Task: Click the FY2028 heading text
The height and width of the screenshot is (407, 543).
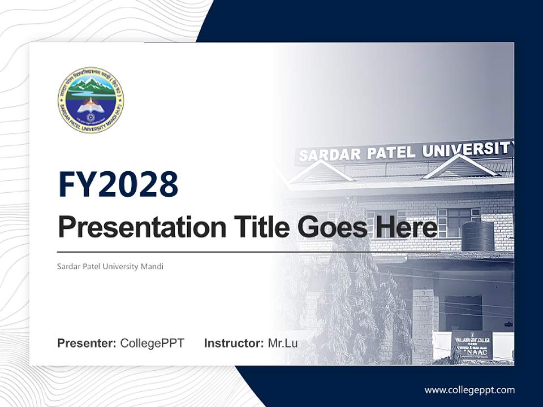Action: [118, 184]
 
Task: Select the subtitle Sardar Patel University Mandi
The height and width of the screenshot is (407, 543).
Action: [110, 266]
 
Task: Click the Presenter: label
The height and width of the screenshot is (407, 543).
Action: [87, 343]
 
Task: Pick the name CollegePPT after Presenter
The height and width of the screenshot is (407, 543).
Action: [152, 343]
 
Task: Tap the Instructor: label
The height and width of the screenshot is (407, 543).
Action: [234, 343]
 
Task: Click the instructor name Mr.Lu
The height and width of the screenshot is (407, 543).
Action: [282, 343]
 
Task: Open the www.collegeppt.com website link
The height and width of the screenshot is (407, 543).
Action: [469, 389]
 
